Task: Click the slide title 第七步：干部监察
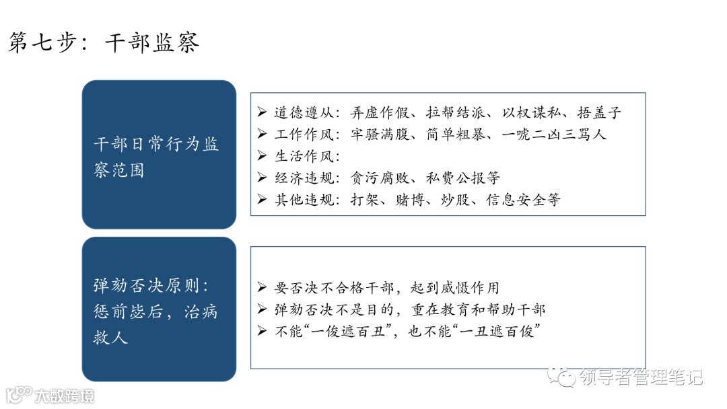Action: coord(104,43)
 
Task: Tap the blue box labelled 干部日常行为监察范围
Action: coord(159,155)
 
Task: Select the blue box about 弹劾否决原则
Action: coord(159,309)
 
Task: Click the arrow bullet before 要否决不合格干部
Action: coord(263,287)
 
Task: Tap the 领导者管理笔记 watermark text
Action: coord(639,377)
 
